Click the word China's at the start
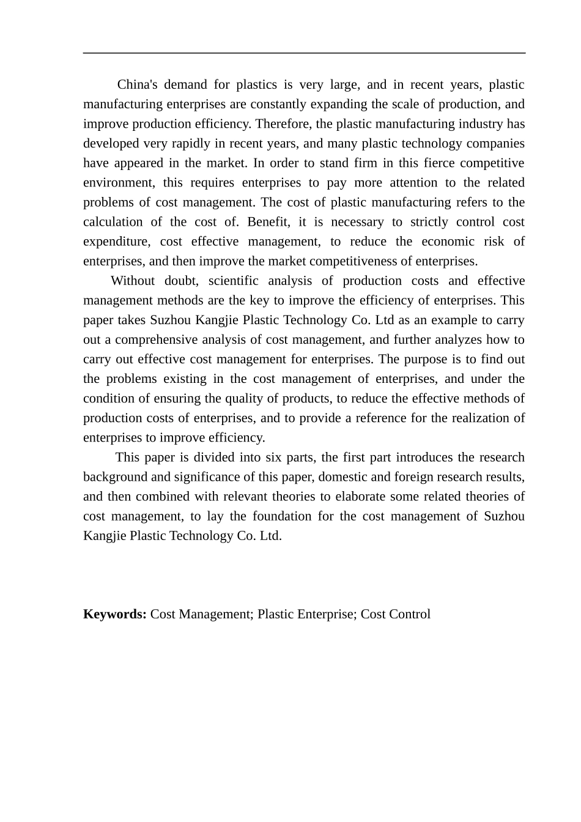click(137, 84)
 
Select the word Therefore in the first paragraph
click(283, 124)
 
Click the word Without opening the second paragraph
click(133, 281)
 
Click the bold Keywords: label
click(114, 614)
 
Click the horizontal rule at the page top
click(304, 53)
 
